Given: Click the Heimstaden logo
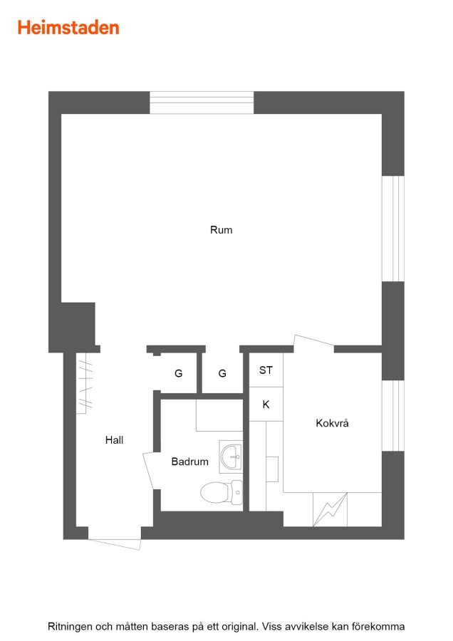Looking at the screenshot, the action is click(68, 28).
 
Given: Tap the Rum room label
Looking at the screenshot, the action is click(222, 230).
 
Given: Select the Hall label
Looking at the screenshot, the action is click(114, 440).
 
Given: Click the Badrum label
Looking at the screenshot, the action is click(189, 462).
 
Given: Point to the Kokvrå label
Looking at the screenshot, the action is click(332, 422).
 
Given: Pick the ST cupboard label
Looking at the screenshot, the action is click(266, 370).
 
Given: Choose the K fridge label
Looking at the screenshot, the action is click(266, 405).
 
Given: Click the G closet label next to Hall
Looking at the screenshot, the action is click(178, 372).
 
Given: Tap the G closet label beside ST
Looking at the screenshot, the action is click(222, 372).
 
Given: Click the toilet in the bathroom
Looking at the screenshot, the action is click(222, 492).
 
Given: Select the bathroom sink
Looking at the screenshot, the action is click(231, 457).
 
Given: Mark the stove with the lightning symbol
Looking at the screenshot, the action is click(330, 509).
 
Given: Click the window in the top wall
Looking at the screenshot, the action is click(202, 103).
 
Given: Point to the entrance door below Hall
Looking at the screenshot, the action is click(115, 544).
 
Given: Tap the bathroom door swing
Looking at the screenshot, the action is click(150, 471).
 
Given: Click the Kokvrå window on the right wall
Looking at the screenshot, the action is click(393, 416).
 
